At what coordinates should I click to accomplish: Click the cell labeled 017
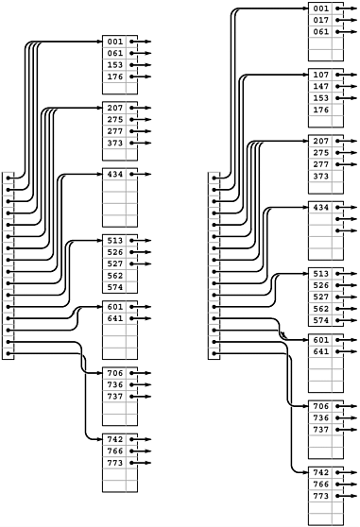click(320, 20)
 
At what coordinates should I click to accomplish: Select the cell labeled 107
click(320, 75)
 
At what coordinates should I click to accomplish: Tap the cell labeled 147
click(320, 86)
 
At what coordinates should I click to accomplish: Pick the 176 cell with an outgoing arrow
click(114, 76)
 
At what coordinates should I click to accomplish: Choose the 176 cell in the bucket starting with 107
click(320, 110)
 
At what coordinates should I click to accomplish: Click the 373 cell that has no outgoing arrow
click(320, 176)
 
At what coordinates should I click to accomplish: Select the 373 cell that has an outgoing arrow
click(114, 143)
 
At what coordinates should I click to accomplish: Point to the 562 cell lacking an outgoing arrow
click(114, 276)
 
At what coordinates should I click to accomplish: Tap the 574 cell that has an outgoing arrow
click(320, 320)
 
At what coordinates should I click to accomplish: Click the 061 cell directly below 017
click(320, 31)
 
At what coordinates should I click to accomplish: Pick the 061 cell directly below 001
click(114, 54)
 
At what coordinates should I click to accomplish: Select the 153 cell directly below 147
click(320, 98)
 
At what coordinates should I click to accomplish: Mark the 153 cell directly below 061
click(114, 65)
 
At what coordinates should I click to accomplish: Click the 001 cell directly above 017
click(320, 8)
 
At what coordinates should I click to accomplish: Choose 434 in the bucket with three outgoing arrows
click(320, 207)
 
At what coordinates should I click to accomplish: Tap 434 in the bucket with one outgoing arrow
click(114, 175)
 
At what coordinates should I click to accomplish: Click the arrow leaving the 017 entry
click(349, 20)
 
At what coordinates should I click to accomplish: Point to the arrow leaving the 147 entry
click(349, 86)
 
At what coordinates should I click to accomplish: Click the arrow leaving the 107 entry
click(349, 75)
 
